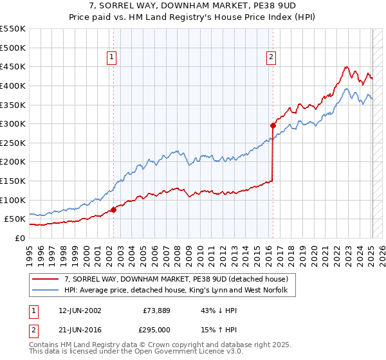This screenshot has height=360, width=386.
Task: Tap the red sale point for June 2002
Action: tap(113, 210)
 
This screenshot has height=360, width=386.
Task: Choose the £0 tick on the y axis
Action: tap(19, 238)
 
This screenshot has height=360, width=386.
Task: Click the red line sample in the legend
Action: tap(46, 279)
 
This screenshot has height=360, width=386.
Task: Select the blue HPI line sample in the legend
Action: tap(46, 291)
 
